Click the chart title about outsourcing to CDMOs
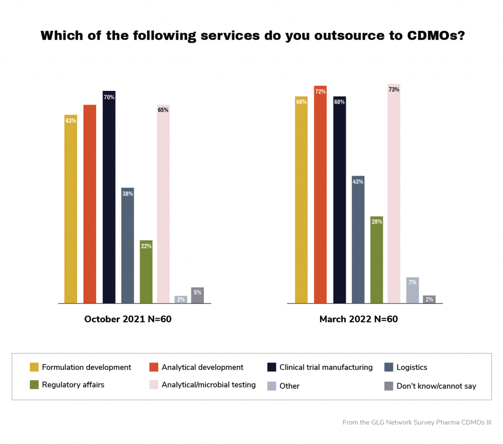(x=252, y=36)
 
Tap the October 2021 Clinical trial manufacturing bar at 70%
(x=109, y=196)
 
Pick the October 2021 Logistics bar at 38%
(x=128, y=245)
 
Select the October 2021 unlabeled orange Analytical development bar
(x=89, y=204)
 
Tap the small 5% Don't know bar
(x=197, y=295)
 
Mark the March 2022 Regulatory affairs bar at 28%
(x=376, y=260)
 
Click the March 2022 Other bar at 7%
(x=413, y=290)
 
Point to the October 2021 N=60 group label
(x=128, y=319)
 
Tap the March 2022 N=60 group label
(x=359, y=319)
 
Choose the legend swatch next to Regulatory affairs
(x=34, y=385)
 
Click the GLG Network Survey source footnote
(x=417, y=422)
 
